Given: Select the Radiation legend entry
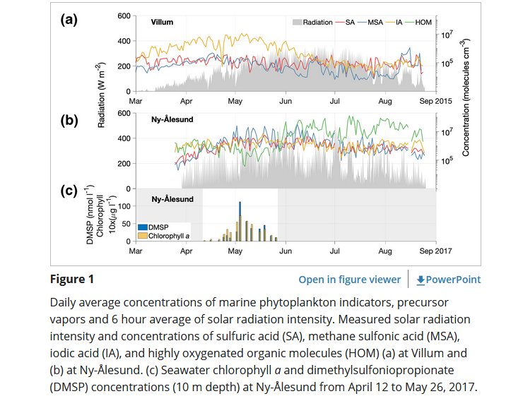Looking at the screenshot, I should pos(312,23).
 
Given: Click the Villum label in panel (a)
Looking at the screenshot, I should pos(163,23).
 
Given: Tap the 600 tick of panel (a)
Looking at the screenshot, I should pos(123,16).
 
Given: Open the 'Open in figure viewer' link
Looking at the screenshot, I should pos(349,280).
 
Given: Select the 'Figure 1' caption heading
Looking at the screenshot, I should pos(71,279).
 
